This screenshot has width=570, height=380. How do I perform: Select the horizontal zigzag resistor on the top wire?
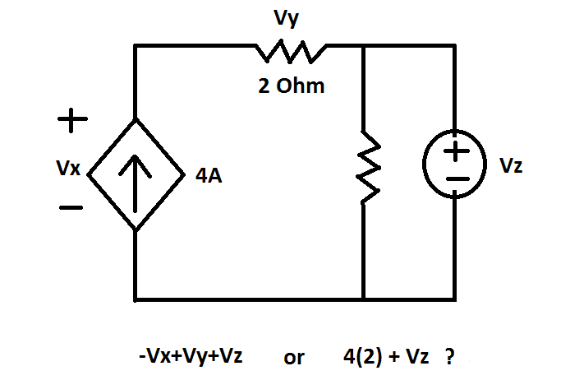[x=292, y=53]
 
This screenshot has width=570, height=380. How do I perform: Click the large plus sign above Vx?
[x=71, y=121]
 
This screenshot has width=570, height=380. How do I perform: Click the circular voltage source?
[x=456, y=165]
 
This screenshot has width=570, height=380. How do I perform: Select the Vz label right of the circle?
[x=510, y=165]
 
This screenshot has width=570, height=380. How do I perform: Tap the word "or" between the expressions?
[x=293, y=358]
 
